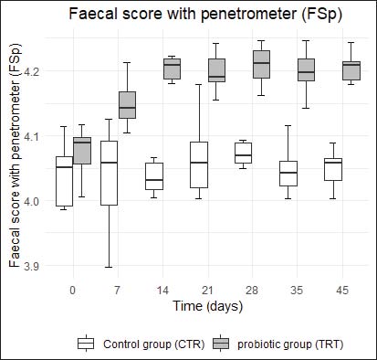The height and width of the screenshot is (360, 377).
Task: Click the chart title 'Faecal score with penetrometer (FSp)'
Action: (205, 15)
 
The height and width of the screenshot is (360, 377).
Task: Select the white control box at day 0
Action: (64, 181)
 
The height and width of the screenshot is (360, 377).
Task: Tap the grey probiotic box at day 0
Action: (82, 151)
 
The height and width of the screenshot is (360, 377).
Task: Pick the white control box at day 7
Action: (109, 173)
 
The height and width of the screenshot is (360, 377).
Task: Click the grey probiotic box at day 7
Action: (127, 105)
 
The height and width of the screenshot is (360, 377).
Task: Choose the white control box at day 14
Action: (154, 176)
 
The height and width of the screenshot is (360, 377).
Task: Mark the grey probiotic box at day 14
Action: (172, 69)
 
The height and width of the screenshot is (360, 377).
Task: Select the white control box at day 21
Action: (199, 164)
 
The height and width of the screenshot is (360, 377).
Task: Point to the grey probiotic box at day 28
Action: (261, 64)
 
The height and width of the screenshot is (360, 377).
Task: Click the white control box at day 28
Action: (244, 153)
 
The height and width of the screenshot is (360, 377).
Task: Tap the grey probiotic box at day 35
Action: (306, 69)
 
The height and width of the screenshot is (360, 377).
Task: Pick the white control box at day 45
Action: (333, 169)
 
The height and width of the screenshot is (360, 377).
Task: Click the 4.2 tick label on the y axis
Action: (32, 71)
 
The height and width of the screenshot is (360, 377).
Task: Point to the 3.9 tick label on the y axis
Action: (32, 266)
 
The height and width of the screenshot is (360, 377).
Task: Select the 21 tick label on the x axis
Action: (207, 290)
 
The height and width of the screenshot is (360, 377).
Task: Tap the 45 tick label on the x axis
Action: (342, 290)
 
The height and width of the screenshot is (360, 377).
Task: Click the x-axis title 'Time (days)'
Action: (208, 306)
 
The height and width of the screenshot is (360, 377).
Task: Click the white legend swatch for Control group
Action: (86, 344)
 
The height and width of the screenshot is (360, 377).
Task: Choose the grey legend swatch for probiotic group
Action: (221, 344)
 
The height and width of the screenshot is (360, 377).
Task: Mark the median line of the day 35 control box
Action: (288, 173)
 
